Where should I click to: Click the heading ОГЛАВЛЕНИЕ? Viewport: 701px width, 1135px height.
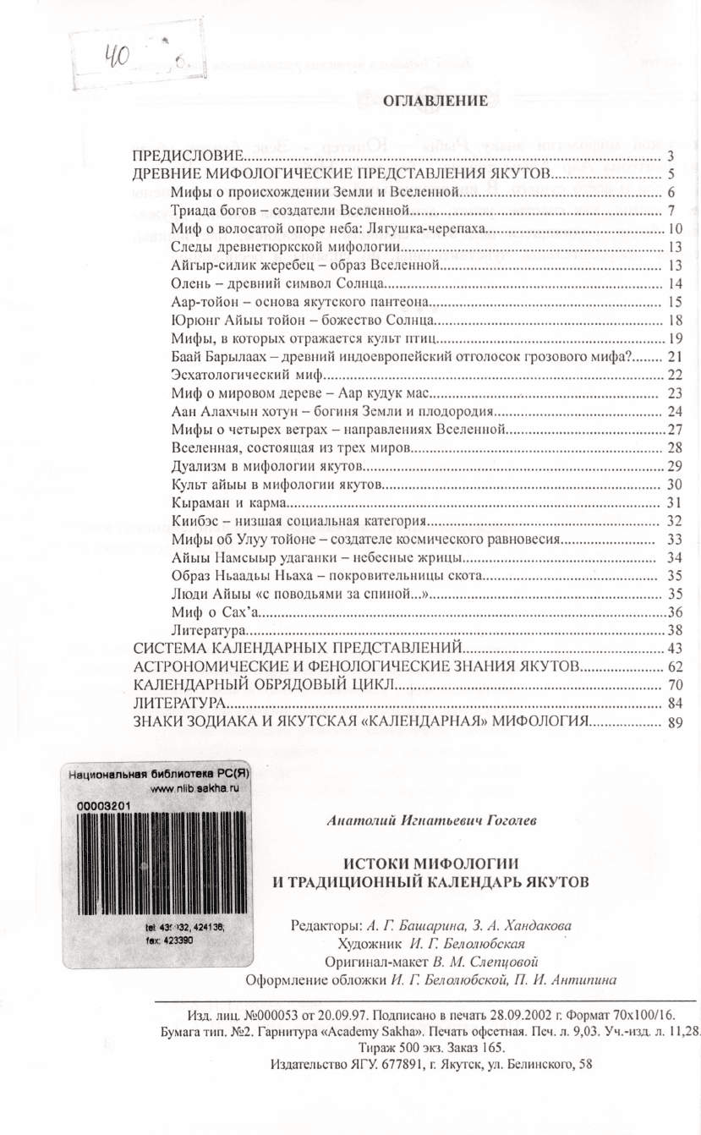click(x=435, y=102)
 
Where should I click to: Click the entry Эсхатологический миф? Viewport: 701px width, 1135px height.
click(x=248, y=375)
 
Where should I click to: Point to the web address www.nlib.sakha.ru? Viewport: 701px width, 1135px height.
click(x=189, y=788)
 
